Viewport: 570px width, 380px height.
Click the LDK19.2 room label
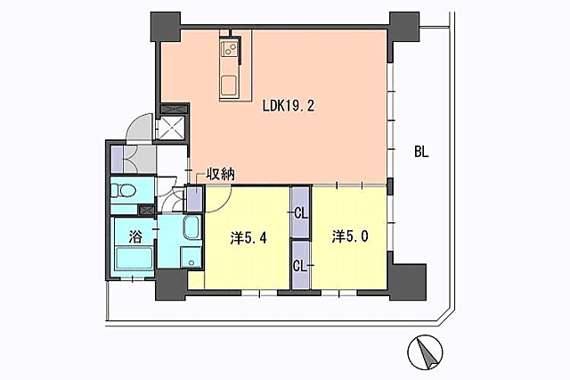pyautogui.click(x=288, y=105)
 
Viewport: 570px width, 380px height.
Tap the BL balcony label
pyautogui.click(x=421, y=152)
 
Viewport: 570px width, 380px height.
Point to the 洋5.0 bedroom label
pyautogui.click(x=349, y=236)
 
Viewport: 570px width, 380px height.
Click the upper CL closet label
pyautogui.click(x=300, y=213)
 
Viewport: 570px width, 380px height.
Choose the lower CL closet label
pyautogui.click(x=300, y=265)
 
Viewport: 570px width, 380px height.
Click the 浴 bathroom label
pyautogui.click(x=135, y=237)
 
